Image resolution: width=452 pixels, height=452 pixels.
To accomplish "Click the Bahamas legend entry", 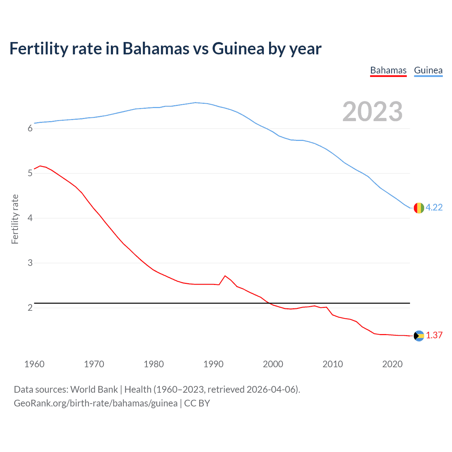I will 388,70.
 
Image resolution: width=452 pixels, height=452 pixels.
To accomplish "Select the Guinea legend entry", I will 428,70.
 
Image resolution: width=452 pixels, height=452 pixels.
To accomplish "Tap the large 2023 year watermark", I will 372,112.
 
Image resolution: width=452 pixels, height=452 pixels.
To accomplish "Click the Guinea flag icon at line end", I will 418,208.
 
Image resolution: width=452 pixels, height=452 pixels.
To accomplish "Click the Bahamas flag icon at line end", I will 418,336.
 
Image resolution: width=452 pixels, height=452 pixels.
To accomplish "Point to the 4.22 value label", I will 434,208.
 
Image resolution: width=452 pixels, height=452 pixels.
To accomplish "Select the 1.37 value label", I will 434,335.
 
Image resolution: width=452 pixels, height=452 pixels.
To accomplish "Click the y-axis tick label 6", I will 30,129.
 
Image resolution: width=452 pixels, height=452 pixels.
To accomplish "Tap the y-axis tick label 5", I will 30,173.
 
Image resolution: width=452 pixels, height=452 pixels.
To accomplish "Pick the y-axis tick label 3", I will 30,263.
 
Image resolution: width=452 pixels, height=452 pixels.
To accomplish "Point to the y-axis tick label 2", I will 30,308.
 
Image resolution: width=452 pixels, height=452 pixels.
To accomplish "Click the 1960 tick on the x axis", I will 34,364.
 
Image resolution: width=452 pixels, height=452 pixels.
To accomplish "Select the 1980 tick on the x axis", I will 154,364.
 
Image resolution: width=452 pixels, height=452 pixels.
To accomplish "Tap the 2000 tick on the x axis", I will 273,364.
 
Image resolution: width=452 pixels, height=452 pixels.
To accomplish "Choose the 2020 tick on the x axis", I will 392,364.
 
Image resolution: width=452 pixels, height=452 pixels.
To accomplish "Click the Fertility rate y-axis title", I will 15,219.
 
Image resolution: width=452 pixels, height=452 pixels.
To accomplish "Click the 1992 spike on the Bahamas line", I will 225,276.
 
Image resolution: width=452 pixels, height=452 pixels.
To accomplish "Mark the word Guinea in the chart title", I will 238,49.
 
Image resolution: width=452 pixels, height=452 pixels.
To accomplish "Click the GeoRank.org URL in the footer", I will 96,403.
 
